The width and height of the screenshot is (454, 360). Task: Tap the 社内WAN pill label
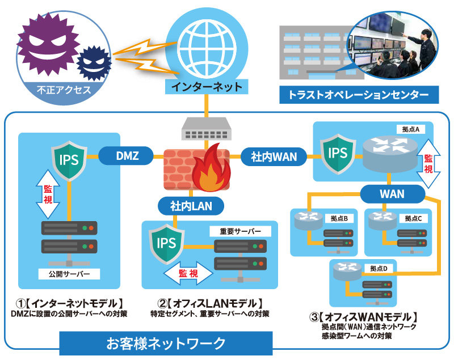tap(274, 156)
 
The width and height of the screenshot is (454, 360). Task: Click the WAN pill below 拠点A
tap(392, 193)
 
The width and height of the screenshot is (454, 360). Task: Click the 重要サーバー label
tap(240, 231)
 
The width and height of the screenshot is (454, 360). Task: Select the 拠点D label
tap(377, 268)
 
